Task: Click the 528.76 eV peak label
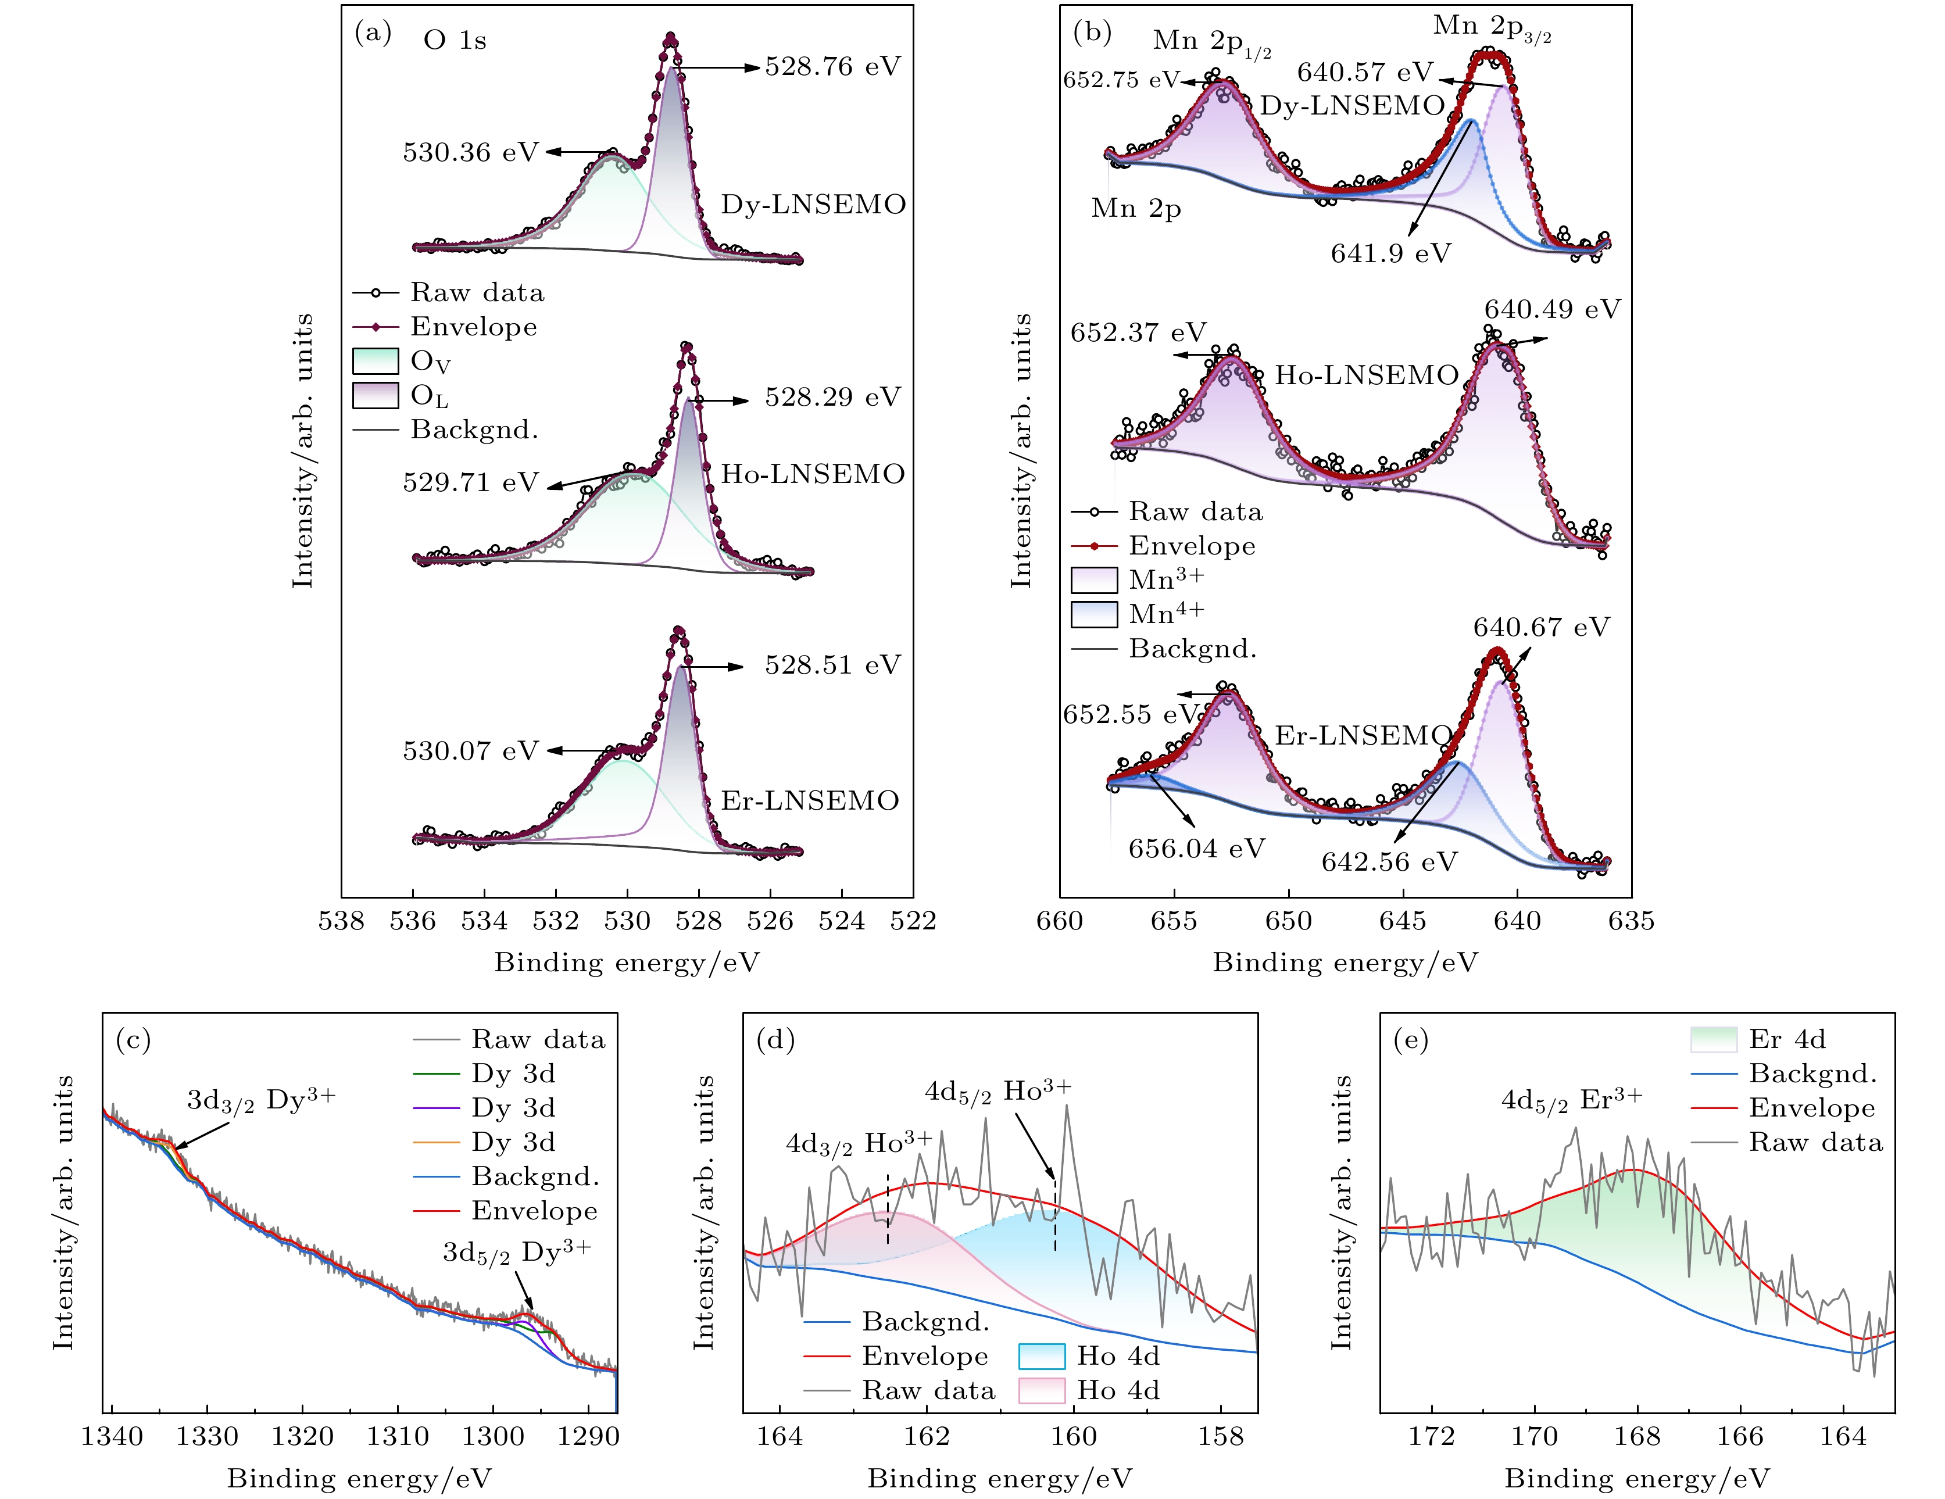coord(832,67)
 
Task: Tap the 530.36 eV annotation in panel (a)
coord(470,152)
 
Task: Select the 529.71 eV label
coord(470,483)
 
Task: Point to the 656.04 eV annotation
coord(1196,848)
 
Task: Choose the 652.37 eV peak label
coord(1137,333)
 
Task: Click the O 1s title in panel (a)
coord(454,41)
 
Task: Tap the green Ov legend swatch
coord(375,361)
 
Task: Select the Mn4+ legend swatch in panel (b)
coord(1093,614)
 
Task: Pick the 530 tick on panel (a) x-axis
coord(627,921)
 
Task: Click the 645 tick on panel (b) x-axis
coord(1403,921)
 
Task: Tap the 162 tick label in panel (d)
coord(927,1437)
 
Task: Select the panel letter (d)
coord(774,1039)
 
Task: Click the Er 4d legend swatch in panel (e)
coord(1712,1039)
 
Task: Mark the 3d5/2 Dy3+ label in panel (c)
coord(517,1253)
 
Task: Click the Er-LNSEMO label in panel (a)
coord(809,801)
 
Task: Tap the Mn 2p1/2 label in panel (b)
coord(1211,42)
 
